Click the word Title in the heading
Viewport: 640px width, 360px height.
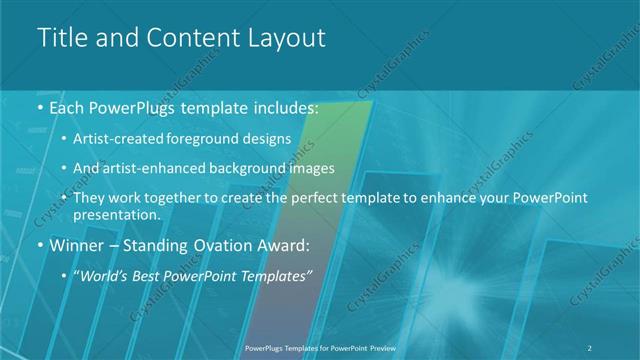59,38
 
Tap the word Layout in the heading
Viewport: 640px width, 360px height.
286,38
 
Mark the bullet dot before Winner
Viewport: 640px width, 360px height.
39,245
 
